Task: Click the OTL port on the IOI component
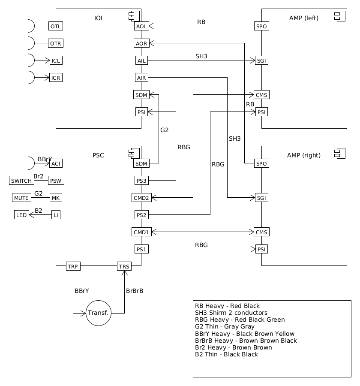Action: (x=56, y=26)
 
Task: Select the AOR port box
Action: (x=141, y=43)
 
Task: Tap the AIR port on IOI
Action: (x=141, y=78)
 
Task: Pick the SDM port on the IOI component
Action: (x=141, y=95)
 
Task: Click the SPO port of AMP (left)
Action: (x=261, y=26)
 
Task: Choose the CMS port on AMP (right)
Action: (x=261, y=232)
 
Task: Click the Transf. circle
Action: (x=99, y=313)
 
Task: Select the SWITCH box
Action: (x=21, y=181)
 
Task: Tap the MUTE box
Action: (x=21, y=198)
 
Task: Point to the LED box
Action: (x=21, y=215)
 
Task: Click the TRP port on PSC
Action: (x=73, y=266)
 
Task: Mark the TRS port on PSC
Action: (x=124, y=266)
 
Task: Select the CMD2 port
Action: (x=141, y=198)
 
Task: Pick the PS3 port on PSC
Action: (x=141, y=181)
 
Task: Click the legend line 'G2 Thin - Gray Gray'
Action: (x=225, y=326)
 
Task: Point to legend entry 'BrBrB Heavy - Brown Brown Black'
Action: (x=246, y=341)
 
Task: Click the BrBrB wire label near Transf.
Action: (x=135, y=291)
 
